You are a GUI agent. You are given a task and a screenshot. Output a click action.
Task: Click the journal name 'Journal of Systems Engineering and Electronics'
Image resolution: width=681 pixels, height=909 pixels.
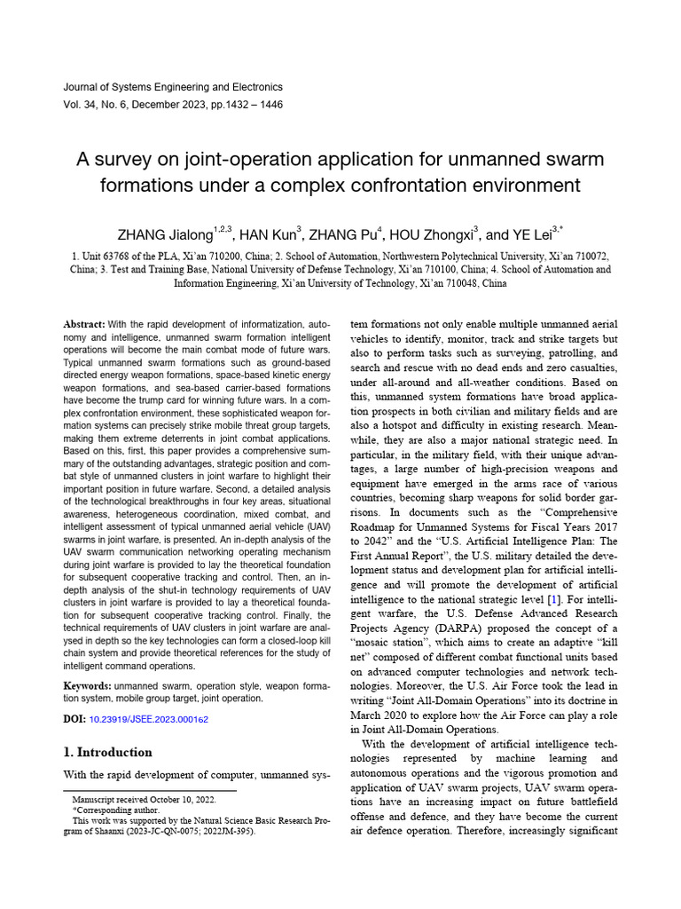[x=174, y=87]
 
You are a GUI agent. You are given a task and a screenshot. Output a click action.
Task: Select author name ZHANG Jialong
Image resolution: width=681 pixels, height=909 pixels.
[x=165, y=235]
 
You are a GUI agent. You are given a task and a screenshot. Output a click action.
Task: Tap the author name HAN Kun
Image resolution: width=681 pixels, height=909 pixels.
[x=269, y=235]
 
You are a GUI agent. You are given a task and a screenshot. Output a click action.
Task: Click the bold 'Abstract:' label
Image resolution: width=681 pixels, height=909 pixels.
[x=85, y=326]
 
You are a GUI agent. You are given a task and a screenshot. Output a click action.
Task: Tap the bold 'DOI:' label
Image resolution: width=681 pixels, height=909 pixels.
[x=74, y=719]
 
